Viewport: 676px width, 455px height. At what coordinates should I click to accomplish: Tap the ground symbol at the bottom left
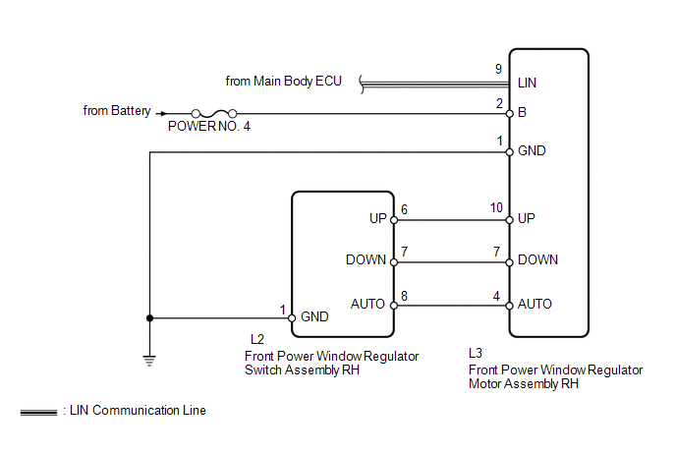click(x=149, y=359)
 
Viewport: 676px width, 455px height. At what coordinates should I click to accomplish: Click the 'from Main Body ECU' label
click(x=283, y=81)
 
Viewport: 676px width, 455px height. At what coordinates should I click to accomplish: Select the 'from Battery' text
click(x=117, y=111)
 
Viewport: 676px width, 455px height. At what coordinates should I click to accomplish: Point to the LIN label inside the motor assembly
click(x=527, y=84)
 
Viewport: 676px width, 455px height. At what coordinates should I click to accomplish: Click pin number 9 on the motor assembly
click(x=498, y=69)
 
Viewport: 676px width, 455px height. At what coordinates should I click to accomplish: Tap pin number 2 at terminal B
click(x=499, y=103)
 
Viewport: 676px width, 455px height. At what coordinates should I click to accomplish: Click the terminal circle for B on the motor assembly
click(x=509, y=113)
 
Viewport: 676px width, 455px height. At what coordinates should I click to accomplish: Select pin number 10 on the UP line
click(x=497, y=207)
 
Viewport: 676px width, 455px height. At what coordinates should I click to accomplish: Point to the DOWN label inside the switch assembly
click(x=366, y=260)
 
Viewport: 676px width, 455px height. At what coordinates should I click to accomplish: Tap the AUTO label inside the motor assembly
click(x=535, y=304)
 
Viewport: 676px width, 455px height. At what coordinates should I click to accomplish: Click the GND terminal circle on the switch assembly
click(x=292, y=317)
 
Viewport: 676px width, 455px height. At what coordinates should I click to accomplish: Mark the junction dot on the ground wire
click(x=149, y=317)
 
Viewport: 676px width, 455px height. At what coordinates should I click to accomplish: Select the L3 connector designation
click(x=476, y=352)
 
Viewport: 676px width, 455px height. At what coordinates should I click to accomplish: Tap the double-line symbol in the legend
click(x=38, y=412)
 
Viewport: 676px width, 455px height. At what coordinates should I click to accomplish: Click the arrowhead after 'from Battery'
click(x=161, y=113)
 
